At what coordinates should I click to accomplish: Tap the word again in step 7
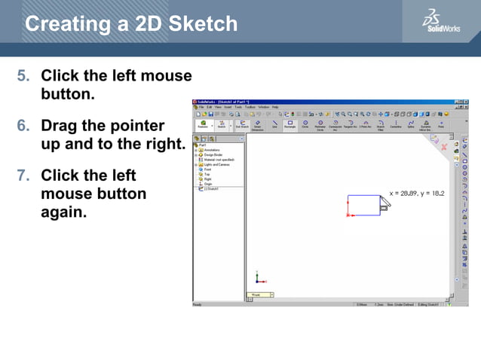64,212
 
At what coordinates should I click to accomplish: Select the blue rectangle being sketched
363,206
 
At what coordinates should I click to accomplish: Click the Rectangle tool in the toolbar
290,124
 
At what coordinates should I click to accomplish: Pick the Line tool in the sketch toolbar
274,124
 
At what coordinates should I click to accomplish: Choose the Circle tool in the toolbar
305,124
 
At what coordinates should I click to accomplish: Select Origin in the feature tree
208,183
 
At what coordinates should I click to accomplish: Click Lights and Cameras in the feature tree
216,164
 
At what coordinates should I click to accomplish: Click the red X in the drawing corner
444,148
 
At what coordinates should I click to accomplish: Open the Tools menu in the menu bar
238,107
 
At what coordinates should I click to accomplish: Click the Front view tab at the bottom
257,295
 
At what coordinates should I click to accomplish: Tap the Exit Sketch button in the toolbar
240,124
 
